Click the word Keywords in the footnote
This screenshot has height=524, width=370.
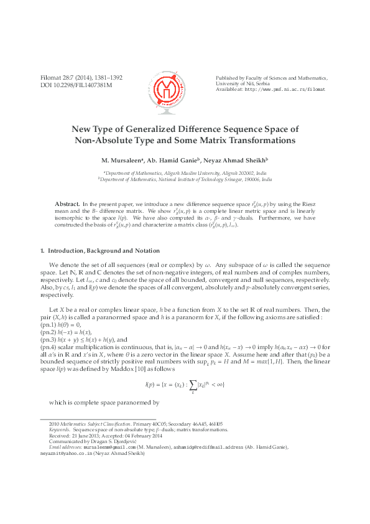tap(60, 429)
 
